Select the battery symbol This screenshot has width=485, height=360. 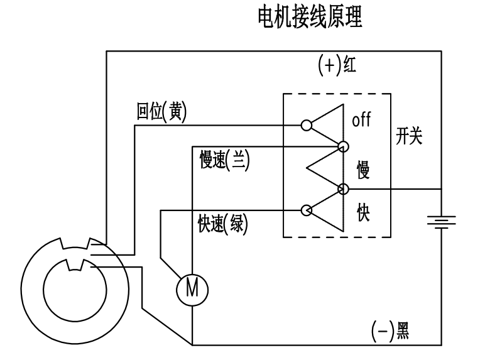[x=442, y=221]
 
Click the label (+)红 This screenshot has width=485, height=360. [x=337, y=65]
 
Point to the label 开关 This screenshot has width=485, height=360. [x=409, y=138]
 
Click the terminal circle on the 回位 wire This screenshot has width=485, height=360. [x=306, y=124]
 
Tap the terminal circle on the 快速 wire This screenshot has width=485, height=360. [x=307, y=210]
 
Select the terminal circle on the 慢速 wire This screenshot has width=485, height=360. [x=343, y=147]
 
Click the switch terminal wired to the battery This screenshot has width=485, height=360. [x=343, y=188]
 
